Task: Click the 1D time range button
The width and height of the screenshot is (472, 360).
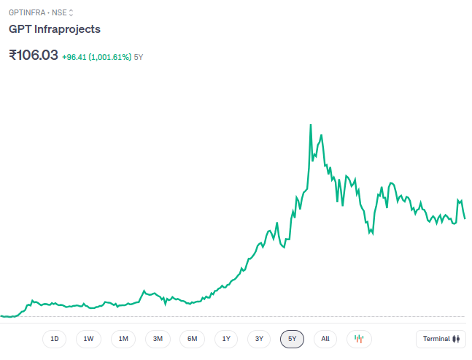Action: tap(54, 339)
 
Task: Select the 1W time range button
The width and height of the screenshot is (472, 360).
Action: tap(88, 339)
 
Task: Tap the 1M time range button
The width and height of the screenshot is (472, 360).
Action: tap(123, 339)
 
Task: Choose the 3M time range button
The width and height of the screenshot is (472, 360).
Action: tap(158, 339)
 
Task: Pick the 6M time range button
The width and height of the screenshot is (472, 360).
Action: tap(192, 339)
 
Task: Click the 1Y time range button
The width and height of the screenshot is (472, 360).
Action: tap(226, 339)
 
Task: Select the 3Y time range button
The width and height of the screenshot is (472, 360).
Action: tap(259, 339)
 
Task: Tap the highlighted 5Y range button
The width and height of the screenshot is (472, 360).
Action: tap(292, 339)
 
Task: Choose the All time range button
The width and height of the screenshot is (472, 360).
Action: tap(325, 339)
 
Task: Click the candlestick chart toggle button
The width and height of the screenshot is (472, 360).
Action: tap(359, 339)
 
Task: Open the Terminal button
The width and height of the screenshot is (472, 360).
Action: tap(441, 339)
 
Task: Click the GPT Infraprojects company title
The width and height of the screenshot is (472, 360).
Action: tap(55, 29)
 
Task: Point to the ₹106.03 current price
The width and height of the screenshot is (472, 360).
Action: tap(33, 55)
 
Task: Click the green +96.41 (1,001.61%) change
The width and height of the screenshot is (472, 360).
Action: tap(96, 56)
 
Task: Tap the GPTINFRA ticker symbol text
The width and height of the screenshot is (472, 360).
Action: tap(26, 12)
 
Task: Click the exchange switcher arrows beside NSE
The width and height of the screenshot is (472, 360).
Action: tap(71, 12)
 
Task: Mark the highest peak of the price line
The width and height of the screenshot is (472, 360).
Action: tap(311, 125)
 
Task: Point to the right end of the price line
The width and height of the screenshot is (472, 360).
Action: tap(465, 218)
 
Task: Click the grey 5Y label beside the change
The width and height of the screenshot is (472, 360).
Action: tap(139, 56)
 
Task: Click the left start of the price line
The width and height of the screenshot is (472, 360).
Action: tap(1, 315)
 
